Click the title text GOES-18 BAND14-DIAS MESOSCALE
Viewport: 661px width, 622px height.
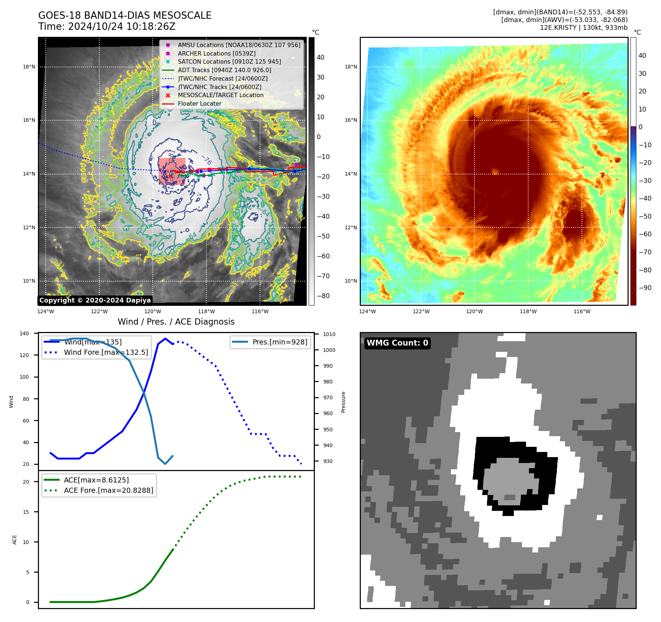click(x=125, y=15)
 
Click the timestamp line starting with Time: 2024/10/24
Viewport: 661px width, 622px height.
click(x=107, y=26)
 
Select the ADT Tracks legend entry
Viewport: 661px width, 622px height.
click(x=224, y=70)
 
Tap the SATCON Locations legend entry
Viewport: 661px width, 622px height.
click(x=229, y=61)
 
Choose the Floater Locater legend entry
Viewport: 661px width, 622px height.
click(x=199, y=103)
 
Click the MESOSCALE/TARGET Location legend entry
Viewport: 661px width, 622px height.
click(x=220, y=95)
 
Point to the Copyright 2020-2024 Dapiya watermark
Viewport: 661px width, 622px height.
click(x=95, y=300)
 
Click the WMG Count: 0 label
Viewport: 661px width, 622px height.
click(x=397, y=343)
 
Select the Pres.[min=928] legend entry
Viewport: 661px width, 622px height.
click(x=280, y=342)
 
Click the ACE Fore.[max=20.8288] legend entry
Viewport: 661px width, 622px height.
click(x=108, y=490)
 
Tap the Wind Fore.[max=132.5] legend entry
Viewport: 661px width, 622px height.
click(x=106, y=352)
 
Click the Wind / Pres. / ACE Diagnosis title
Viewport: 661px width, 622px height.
click(x=176, y=322)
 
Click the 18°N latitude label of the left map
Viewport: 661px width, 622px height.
click(x=29, y=67)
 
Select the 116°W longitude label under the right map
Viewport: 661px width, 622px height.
click(x=582, y=311)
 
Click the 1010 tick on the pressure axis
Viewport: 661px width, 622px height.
click(x=329, y=334)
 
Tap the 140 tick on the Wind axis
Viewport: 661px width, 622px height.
click(x=24, y=333)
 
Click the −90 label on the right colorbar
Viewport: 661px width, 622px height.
click(x=645, y=288)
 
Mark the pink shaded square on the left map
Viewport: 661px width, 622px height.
click(x=172, y=171)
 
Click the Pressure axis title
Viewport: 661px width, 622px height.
click(x=343, y=402)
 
